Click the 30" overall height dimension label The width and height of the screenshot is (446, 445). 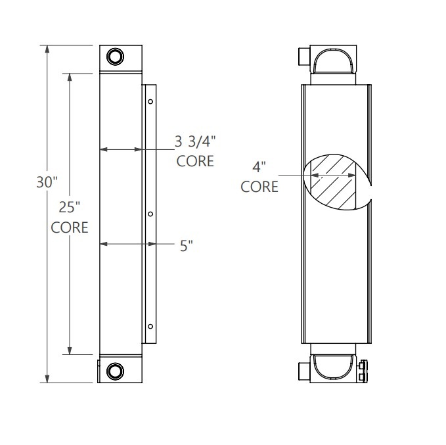coord(47,182)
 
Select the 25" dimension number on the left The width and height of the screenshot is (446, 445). coord(69,208)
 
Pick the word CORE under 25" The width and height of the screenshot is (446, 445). coord(70,227)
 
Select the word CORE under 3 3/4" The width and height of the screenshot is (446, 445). coord(195,161)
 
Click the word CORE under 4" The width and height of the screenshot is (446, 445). coord(259,187)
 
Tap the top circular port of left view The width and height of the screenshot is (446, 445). coord(115,56)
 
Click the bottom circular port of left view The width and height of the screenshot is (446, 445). coord(115,371)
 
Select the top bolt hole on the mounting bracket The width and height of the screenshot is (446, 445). coord(150,102)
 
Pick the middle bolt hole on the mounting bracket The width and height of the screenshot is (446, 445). coord(150,214)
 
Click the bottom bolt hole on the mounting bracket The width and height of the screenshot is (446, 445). coord(150,327)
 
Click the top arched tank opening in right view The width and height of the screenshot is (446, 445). coord(335,62)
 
